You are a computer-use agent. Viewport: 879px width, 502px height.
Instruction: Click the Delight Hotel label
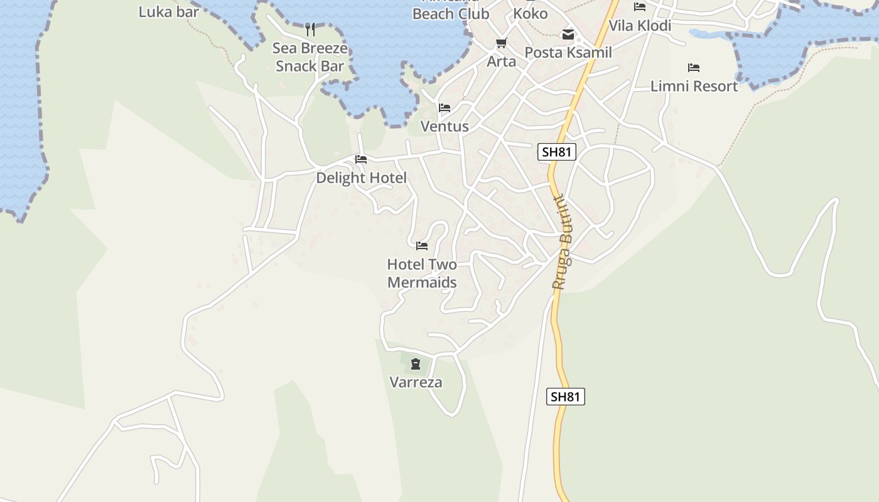pyautogui.click(x=361, y=178)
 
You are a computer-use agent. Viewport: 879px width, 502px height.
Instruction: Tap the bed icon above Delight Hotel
pyautogui.click(x=361, y=159)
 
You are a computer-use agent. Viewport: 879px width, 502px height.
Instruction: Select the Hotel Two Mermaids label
pyautogui.click(x=422, y=273)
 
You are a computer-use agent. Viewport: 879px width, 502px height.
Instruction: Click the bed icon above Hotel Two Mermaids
pyautogui.click(x=422, y=245)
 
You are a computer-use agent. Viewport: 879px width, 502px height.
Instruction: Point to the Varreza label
pyautogui.click(x=416, y=382)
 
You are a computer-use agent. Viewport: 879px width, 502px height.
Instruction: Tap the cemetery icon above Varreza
pyautogui.click(x=415, y=364)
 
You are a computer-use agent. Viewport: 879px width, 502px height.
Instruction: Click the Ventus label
pyautogui.click(x=445, y=126)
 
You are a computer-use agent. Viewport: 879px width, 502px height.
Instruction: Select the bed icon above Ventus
pyautogui.click(x=445, y=108)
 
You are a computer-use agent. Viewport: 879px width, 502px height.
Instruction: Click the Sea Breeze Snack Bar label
pyautogui.click(x=310, y=57)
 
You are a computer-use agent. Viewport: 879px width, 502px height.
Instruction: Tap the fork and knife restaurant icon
pyautogui.click(x=310, y=29)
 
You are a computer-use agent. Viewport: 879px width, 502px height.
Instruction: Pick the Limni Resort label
pyautogui.click(x=694, y=86)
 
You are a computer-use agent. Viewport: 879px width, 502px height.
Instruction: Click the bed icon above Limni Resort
pyautogui.click(x=694, y=68)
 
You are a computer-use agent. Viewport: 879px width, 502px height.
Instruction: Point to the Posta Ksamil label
pyautogui.click(x=568, y=53)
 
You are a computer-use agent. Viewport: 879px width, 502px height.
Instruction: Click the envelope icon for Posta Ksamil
pyautogui.click(x=568, y=35)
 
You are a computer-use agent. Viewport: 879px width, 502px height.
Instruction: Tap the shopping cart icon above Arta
pyautogui.click(x=501, y=43)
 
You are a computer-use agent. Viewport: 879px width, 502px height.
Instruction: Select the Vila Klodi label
pyautogui.click(x=640, y=26)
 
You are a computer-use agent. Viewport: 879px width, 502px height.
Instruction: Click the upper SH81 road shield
pyautogui.click(x=557, y=152)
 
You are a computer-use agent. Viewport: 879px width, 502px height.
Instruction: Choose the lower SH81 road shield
pyautogui.click(x=565, y=397)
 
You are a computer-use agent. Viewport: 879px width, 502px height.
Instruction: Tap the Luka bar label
pyautogui.click(x=168, y=11)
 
